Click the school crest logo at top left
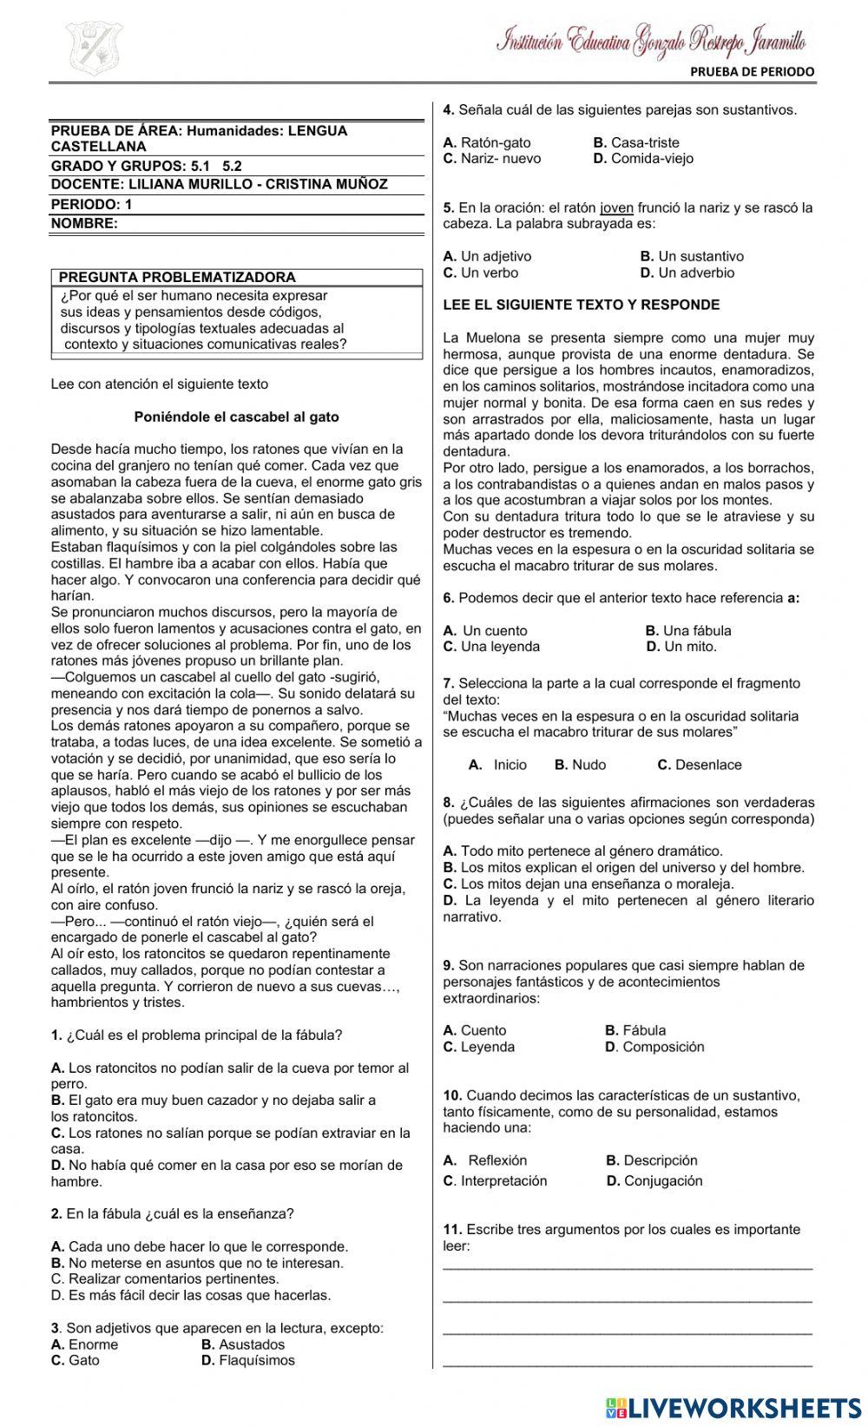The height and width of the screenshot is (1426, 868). [93, 49]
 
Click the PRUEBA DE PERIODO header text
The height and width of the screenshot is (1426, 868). [753, 72]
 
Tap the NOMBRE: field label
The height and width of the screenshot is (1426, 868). [84, 223]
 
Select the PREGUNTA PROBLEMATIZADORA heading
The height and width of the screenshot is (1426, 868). [177, 278]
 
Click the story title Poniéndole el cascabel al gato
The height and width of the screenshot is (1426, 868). [236, 417]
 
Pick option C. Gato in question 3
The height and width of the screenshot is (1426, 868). [76, 1360]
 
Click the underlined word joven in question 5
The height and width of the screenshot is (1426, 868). [617, 207]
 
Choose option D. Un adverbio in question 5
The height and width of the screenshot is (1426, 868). [687, 273]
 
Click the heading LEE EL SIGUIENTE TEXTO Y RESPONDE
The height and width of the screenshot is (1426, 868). [582, 306]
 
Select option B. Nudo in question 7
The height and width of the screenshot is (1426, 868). [580, 765]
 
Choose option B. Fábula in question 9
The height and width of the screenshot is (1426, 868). [635, 1030]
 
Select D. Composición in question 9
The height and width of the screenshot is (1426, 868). [654, 1047]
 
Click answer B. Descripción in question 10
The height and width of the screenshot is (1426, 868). [651, 1160]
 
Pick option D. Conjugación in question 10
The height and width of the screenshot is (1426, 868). [654, 1180]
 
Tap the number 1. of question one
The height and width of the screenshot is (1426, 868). [56, 1035]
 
